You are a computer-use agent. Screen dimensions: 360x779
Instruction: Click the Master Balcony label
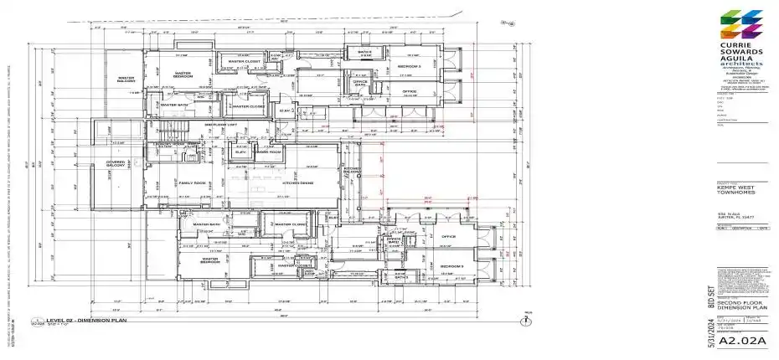point(126,80)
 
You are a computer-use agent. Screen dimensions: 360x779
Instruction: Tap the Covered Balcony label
point(115,164)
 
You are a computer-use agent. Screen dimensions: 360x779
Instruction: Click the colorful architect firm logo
point(741,24)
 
